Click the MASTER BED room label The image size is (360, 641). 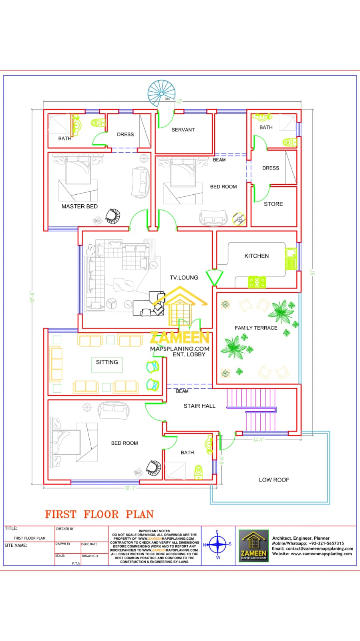[x=79, y=206]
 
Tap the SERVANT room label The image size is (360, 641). [x=183, y=130]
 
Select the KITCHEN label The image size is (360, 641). [x=256, y=256]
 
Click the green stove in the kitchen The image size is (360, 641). [x=257, y=282]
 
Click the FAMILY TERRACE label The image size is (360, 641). [x=256, y=328]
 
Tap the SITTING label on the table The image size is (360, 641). [x=107, y=362]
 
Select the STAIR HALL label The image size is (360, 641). [x=199, y=406]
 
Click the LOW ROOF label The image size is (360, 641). [x=274, y=480]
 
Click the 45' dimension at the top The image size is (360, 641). [x=179, y=101]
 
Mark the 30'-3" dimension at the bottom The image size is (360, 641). [x=130, y=488]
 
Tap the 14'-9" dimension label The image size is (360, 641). [x=258, y=439]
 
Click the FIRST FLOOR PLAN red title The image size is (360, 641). [x=99, y=514]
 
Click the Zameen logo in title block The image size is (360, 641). [x=253, y=545]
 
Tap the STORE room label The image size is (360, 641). [x=273, y=204]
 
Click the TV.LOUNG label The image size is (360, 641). [x=184, y=277]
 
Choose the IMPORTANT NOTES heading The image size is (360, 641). [x=154, y=530]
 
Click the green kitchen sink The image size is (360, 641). [x=290, y=259]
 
